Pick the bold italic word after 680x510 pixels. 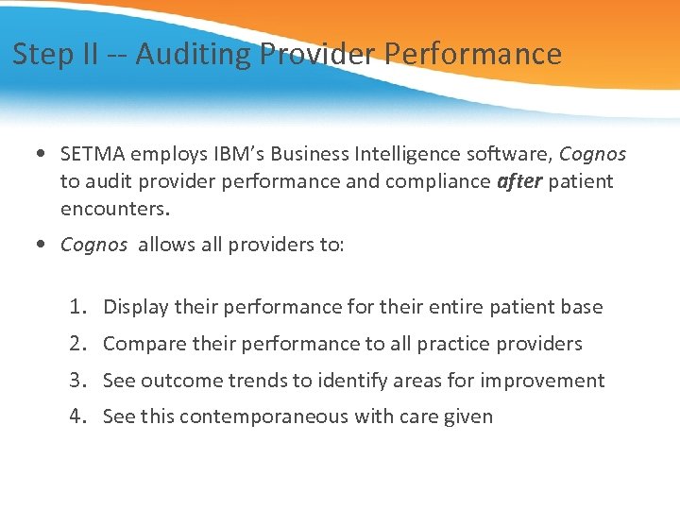(518, 181)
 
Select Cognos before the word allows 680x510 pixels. (93, 246)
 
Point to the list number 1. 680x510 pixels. (77, 307)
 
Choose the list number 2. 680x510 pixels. (77, 344)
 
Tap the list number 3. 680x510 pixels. (77, 381)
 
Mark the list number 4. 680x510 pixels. (77, 416)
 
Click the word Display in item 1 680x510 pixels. (136, 307)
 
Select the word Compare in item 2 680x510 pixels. (143, 344)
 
